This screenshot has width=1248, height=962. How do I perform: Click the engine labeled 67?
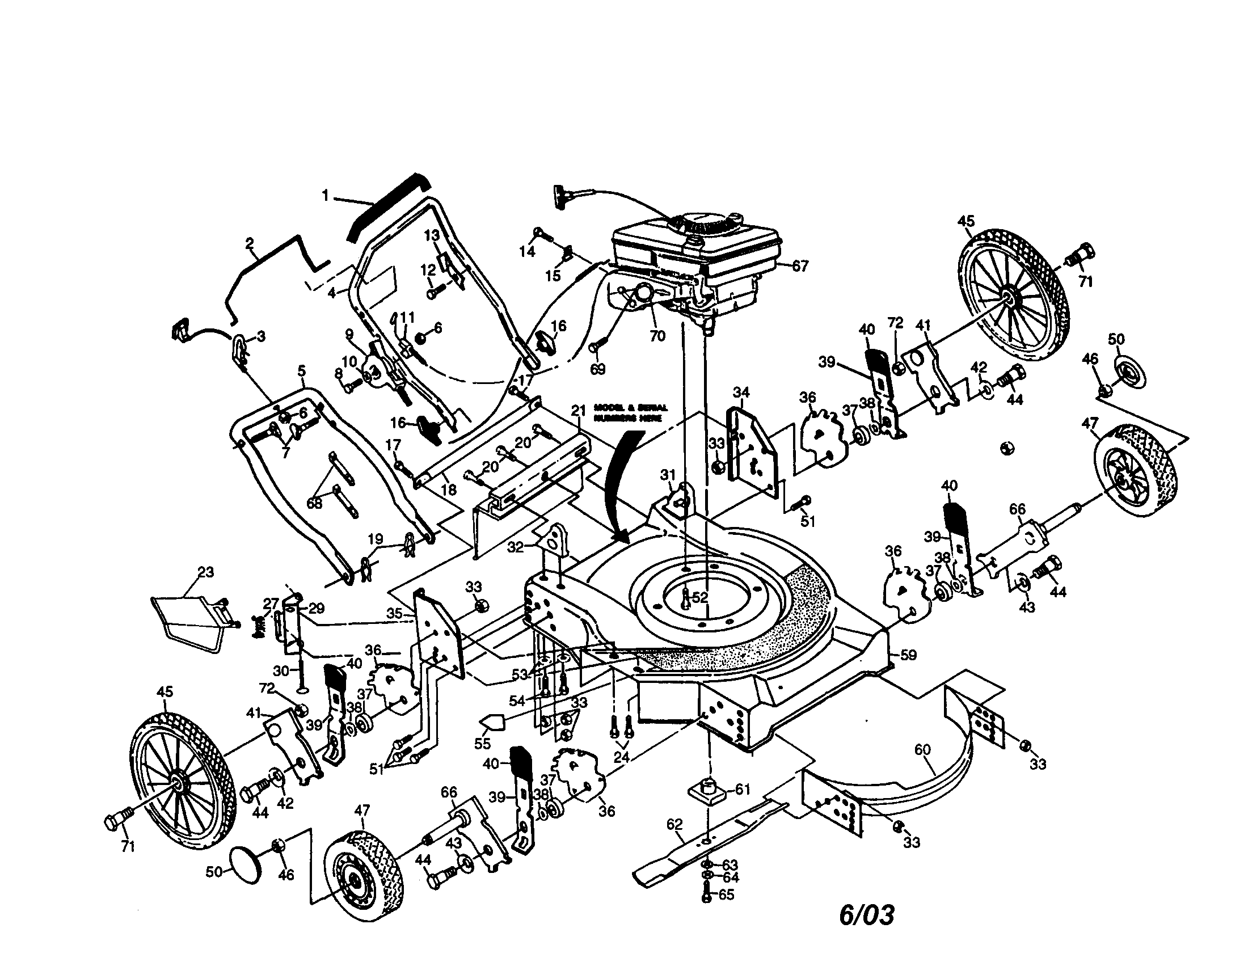pyautogui.click(x=694, y=257)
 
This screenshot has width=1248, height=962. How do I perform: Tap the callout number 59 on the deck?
pyautogui.click(x=908, y=655)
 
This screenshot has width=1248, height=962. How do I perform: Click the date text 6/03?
pyautogui.click(x=867, y=914)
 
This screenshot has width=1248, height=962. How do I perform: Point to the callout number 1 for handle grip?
pyautogui.click(x=325, y=196)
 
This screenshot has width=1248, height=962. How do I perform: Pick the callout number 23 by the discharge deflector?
pyautogui.click(x=206, y=572)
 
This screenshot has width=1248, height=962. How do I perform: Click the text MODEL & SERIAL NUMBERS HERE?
pyautogui.click(x=630, y=412)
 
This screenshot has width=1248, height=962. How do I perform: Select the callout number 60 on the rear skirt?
pyautogui.click(x=922, y=750)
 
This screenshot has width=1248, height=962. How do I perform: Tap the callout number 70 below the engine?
pyautogui.click(x=657, y=336)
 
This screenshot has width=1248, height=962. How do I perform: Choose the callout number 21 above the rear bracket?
pyautogui.click(x=579, y=410)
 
